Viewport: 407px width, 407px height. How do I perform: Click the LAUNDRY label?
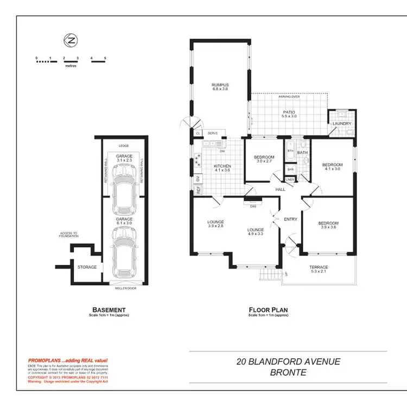(x=342, y=123)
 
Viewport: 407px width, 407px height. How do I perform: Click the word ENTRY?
(x=290, y=219)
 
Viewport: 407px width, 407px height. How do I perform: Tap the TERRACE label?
(x=319, y=267)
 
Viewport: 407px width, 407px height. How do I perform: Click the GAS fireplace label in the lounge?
(x=252, y=206)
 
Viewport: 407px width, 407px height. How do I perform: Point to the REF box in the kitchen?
(x=199, y=191)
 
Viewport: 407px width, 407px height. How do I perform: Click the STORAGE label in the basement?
(x=87, y=267)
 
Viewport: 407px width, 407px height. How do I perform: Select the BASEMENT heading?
(x=109, y=310)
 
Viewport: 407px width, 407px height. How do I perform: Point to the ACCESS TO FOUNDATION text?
(x=69, y=235)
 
